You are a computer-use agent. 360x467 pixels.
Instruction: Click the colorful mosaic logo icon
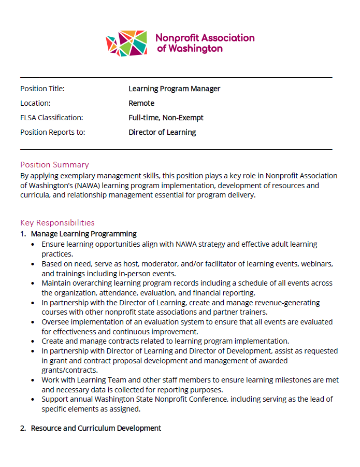[126, 44]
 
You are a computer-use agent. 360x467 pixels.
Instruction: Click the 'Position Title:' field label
[42, 89]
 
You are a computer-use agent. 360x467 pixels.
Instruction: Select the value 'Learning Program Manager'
[174, 89]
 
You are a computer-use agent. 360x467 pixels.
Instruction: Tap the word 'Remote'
[141, 103]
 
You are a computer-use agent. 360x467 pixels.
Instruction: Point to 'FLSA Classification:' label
[51, 118]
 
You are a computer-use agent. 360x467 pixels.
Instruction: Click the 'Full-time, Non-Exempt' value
[166, 118]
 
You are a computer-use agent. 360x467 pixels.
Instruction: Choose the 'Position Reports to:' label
[52, 132]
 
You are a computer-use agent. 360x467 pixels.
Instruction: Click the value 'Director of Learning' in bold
[162, 132]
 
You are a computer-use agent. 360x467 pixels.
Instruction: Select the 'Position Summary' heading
[54, 165]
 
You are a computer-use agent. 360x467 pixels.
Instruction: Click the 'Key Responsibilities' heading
[57, 223]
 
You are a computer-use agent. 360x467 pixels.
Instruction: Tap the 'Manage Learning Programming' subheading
[83, 234]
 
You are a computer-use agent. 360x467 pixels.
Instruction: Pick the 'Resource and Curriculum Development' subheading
[96, 428]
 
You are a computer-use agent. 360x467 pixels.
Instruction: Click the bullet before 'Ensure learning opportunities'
[34, 244]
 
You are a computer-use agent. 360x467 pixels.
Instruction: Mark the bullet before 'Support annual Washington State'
[34, 400]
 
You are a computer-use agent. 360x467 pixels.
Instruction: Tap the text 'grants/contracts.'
[70, 370]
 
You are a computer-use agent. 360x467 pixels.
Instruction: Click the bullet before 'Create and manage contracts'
[34, 342]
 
